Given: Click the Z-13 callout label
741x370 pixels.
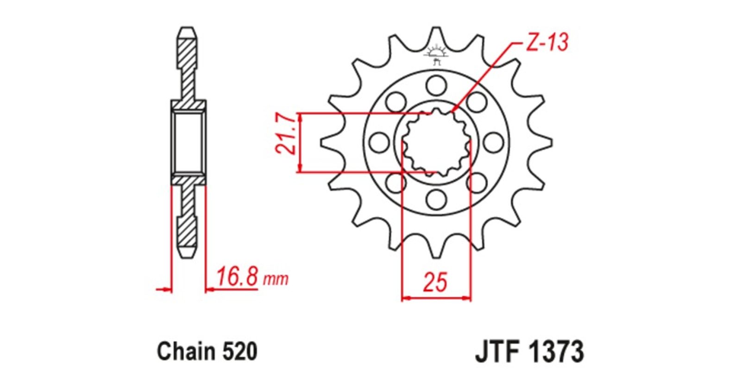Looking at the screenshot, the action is pos(547,42).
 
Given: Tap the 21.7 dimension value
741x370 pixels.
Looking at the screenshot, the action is pos(285,134).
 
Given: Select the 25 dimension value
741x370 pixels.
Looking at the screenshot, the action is pos(435,283).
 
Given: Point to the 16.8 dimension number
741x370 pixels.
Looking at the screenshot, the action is pos(237,277).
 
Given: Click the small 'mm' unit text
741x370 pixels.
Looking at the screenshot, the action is pos(276,279).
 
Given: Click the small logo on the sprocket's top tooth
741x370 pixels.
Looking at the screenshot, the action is pos(436,55).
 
